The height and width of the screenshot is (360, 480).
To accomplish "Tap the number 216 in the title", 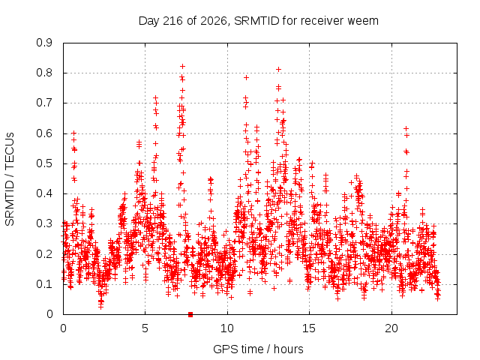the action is coord(172,21).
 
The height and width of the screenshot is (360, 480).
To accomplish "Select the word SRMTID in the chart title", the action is coord(256,21).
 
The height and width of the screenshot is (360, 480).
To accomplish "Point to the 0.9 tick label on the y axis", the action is coord(44,43).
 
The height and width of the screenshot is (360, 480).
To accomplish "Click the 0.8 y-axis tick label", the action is coord(44,73).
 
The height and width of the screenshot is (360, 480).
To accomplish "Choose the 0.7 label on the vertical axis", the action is coord(44,103).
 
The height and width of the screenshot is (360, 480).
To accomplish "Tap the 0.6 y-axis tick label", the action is coord(44,133).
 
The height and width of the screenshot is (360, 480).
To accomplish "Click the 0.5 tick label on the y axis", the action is coord(44,163).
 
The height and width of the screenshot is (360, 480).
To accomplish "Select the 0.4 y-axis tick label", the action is coord(44,193).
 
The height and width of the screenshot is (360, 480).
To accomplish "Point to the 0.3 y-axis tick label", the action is coord(44,223).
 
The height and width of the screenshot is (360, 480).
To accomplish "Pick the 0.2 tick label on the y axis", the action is coord(44,254).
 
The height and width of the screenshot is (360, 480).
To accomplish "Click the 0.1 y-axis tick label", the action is coord(44,284).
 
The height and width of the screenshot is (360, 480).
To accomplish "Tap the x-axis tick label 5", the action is coord(145,328).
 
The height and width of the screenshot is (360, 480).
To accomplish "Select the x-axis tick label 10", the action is coord(227,328).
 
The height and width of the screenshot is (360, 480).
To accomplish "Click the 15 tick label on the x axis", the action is coord(309,328).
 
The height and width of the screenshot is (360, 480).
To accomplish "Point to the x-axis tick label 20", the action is coord(391,328).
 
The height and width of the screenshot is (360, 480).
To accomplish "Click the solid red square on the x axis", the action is coord(190,314).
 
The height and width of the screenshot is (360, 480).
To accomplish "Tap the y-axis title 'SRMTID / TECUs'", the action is coord(10,179).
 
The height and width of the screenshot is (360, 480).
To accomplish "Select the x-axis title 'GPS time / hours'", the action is coord(258,349).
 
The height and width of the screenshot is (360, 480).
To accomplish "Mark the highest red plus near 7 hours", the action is coord(183,67).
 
